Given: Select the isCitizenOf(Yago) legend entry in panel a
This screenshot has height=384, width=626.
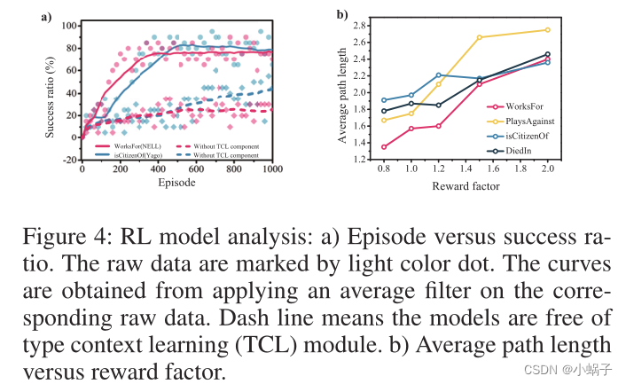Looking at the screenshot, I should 123,154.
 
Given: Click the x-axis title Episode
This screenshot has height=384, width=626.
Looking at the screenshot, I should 176,183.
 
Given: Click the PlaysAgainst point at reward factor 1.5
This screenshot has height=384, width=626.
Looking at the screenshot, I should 480,37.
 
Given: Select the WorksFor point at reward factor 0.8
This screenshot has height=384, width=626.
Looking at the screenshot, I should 383,147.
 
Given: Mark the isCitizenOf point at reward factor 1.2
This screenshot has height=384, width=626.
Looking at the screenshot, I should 439,75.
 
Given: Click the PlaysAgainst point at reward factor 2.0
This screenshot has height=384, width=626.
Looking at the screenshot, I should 546,29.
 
